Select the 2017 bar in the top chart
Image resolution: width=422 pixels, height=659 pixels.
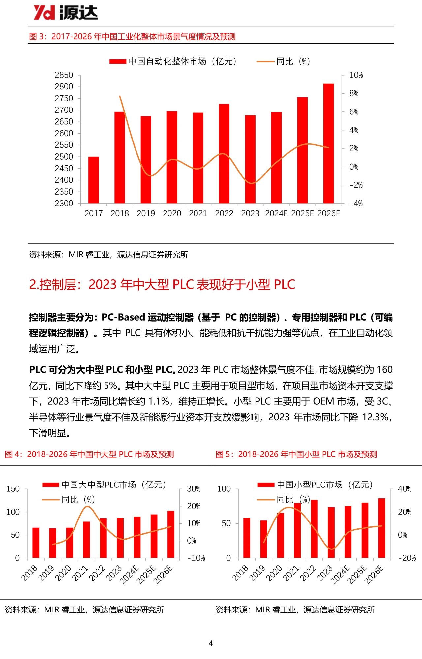pos(94,180)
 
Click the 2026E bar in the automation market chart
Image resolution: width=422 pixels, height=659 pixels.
pos(328,143)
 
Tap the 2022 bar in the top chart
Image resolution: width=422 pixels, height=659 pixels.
pos(224,153)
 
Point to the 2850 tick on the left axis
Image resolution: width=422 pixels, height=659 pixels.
pos(64,75)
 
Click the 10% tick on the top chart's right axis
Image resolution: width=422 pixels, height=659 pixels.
pos(356,75)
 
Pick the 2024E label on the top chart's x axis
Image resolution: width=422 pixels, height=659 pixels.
pos(276,214)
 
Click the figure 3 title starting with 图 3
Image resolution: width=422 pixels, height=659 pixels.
pos(132,37)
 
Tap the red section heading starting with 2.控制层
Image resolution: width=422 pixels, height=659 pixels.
pos(162,284)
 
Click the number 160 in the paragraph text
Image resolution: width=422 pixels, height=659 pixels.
pos(384,369)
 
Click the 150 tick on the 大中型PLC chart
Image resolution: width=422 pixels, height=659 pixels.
pos(13,489)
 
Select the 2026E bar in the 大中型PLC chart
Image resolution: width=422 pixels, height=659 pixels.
pos(171,534)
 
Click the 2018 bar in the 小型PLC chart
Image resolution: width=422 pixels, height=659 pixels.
pos(247,538)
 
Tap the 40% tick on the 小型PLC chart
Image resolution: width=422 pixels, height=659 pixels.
pos(405,489)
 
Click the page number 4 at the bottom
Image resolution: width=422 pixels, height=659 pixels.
pos(211,643)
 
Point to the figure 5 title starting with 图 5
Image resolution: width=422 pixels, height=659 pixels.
pos(296,454)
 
